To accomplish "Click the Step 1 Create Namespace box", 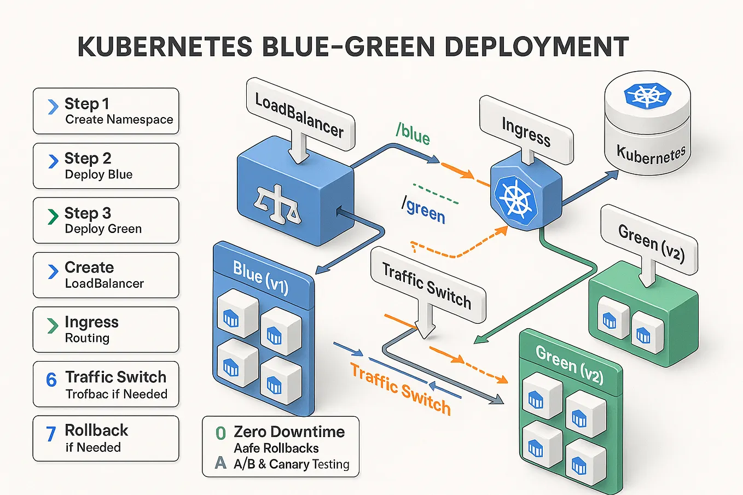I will (106, 111).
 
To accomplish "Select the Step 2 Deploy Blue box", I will (106, 166).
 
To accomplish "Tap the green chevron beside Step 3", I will (53, 217).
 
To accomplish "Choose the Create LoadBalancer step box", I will (106, 275).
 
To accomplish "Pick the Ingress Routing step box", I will (106, 329).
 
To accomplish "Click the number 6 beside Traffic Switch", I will (51, 380).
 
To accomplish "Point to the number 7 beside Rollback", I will (51, 434).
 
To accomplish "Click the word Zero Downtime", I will (289, 432).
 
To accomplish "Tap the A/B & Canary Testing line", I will (291, 464).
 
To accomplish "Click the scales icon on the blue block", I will (277, 204).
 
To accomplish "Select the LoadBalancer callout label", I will (299, 115).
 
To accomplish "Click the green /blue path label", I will (413, 133).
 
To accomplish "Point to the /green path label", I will (423, 209).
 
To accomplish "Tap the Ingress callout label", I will (526, 131).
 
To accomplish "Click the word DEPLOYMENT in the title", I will (536, 47).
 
